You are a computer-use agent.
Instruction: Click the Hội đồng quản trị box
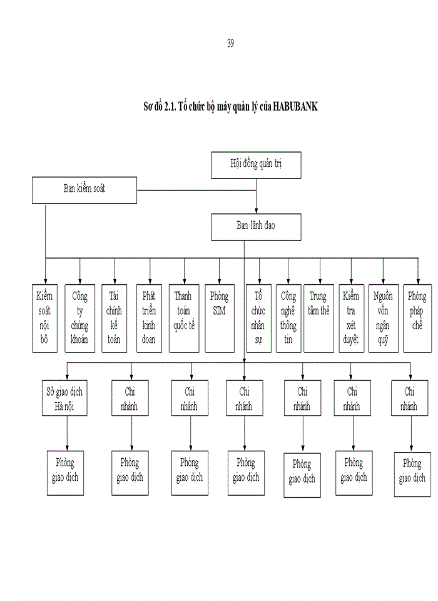[257, 166]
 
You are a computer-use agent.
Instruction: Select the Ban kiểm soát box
[84, 189]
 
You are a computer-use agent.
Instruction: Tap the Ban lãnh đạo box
[256, 227]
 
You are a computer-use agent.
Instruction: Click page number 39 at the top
[230, 43]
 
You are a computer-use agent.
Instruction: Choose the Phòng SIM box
[219, 318]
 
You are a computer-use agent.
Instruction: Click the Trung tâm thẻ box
[318, 318]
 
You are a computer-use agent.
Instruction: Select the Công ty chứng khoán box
[80, 318]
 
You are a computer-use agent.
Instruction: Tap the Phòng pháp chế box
[417, 318]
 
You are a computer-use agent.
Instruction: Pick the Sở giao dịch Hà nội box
[64, 399]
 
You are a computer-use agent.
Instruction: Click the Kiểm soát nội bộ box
[44, 318]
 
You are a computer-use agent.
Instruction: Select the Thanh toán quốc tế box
[183, 318]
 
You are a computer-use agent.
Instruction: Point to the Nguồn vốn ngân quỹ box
[382, 318]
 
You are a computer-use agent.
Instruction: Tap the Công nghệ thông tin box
[288, 318]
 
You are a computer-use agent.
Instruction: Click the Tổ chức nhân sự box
[258, 318]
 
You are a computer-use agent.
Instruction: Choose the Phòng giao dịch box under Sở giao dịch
[64, 471]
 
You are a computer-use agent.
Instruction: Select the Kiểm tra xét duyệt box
[350, 318]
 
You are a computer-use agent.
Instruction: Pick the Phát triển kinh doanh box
[149, 318]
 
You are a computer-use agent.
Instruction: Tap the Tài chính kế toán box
[114, 318]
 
